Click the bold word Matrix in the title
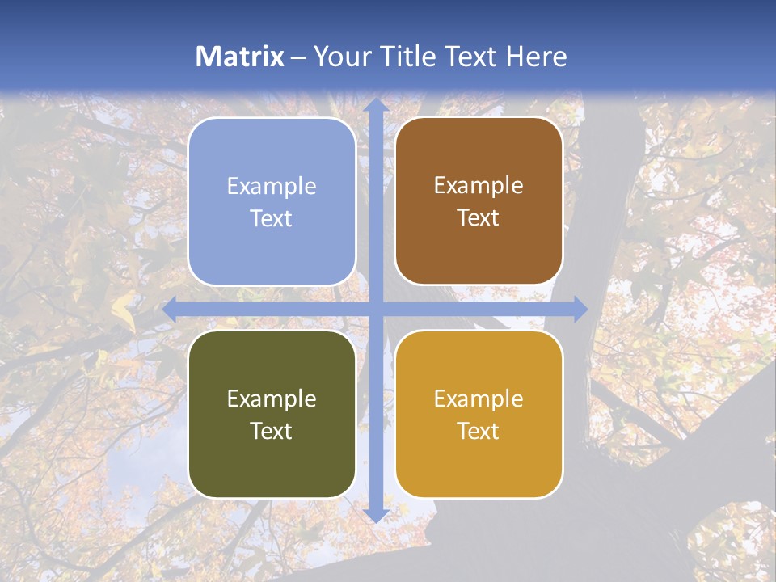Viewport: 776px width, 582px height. pos(240,57)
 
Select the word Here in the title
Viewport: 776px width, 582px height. pos(536,57)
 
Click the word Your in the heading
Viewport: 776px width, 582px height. pos(342,57)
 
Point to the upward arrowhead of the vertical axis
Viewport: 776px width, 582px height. pos(375,106)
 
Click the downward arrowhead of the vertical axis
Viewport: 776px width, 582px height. pos(375,515)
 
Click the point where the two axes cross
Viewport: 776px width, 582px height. pos(375,309)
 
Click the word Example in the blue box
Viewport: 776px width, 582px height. pos(272,187)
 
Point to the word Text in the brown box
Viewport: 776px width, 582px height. pos(479,218)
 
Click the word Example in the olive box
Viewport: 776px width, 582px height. pos(272,399)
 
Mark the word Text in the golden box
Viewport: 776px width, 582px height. pos(479,432)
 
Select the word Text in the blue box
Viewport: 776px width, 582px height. pos(272,219)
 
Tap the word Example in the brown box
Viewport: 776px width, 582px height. pos(479,186)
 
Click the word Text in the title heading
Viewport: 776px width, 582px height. pos(470,57)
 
